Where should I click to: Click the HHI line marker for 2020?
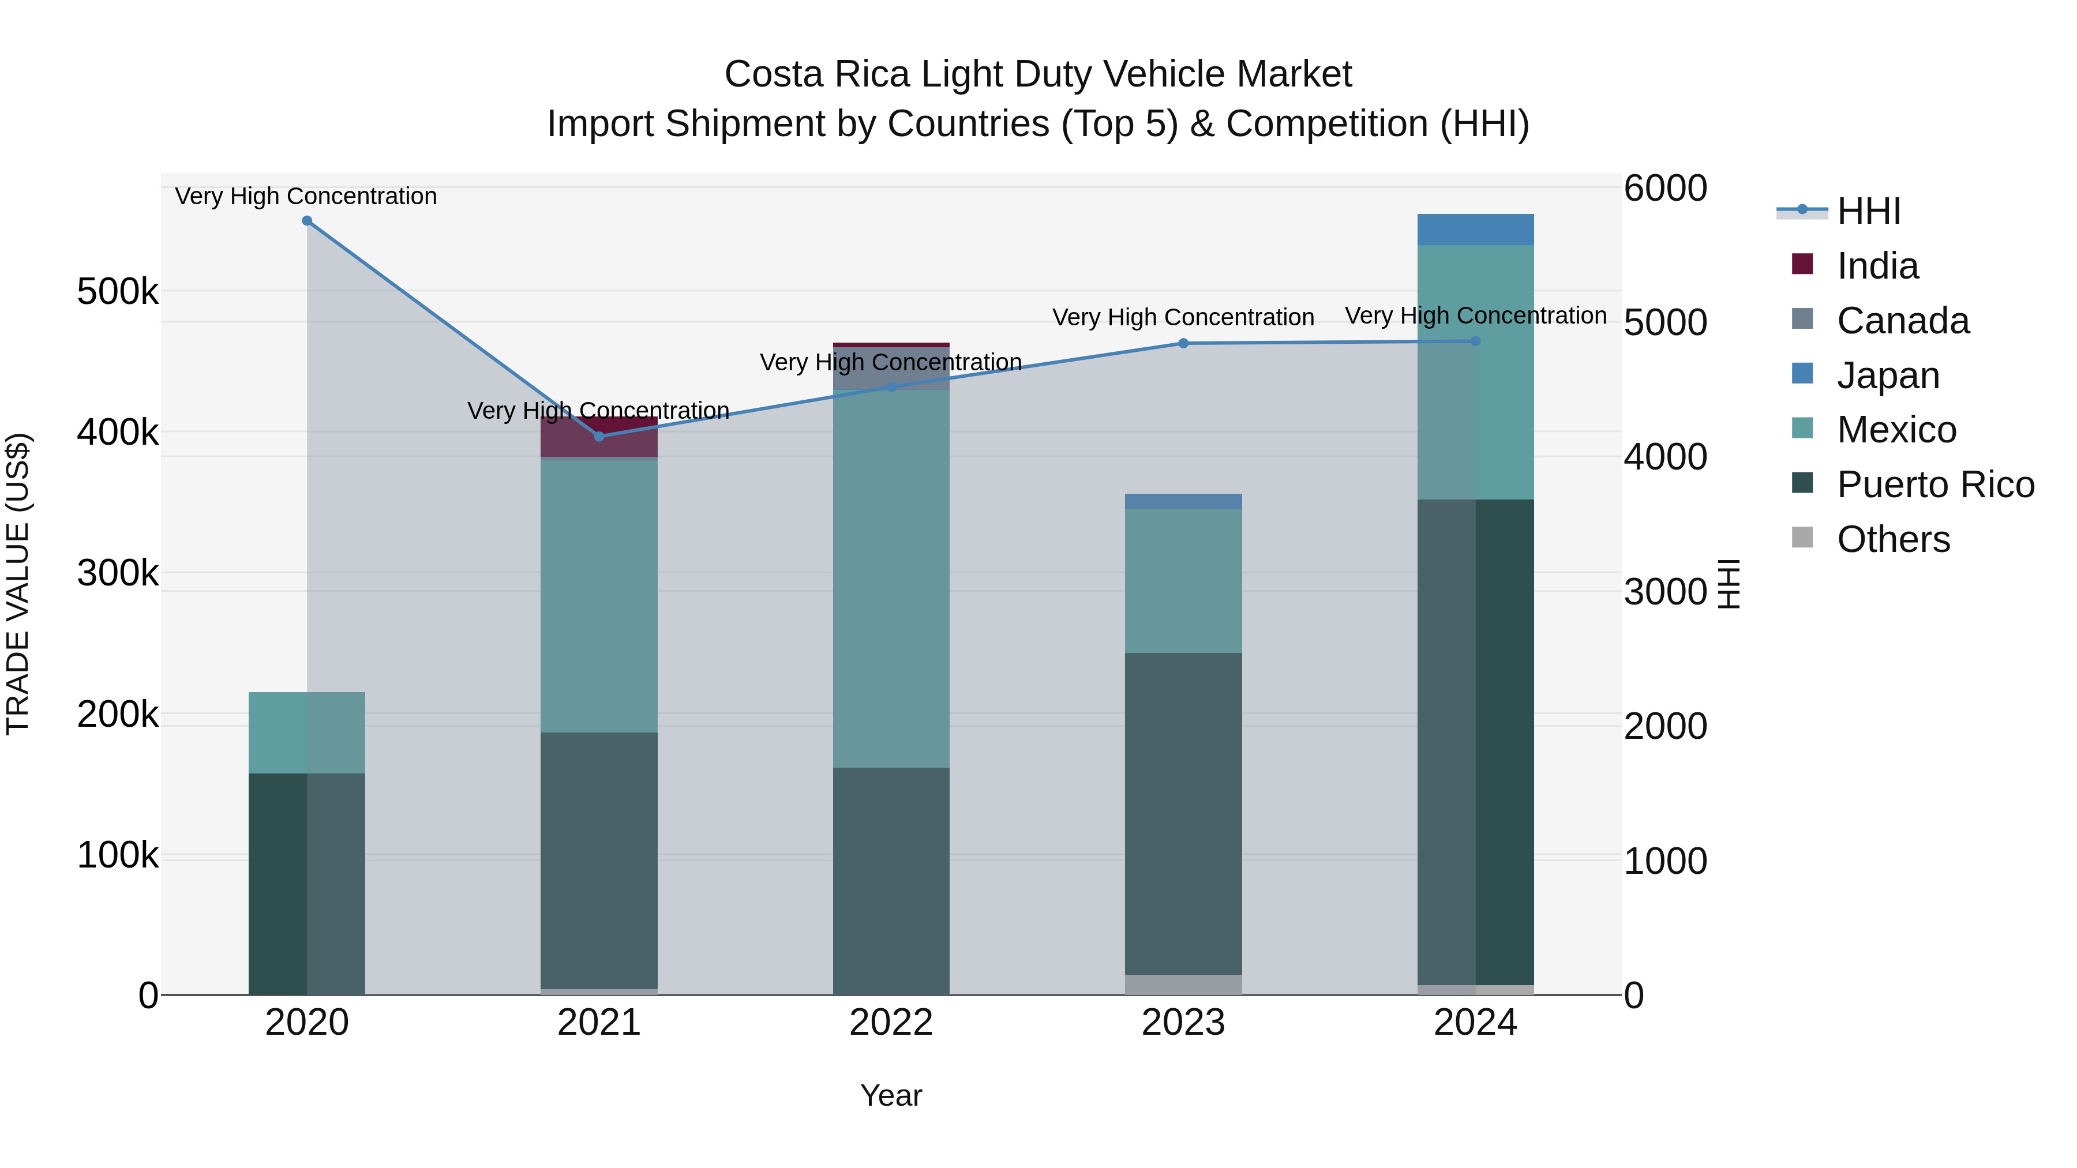(306, 221)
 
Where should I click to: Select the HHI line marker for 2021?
(599, 436)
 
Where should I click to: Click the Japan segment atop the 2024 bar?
(1475, 230)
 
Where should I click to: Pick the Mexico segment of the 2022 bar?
(891, 579)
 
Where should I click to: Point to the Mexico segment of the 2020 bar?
(306, 733)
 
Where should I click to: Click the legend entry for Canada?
(1902, 321)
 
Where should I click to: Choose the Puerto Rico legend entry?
(1935, 485)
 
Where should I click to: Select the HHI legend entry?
(1868, 211)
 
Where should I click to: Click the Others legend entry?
(1892, 539)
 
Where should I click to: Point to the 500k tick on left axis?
(118, 291)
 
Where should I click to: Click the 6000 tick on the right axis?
(1665, 188)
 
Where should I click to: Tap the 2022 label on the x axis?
(891, 1023)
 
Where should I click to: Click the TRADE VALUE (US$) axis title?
(18, 584)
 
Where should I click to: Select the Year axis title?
(891, 1095)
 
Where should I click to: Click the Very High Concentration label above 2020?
(306, 196)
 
